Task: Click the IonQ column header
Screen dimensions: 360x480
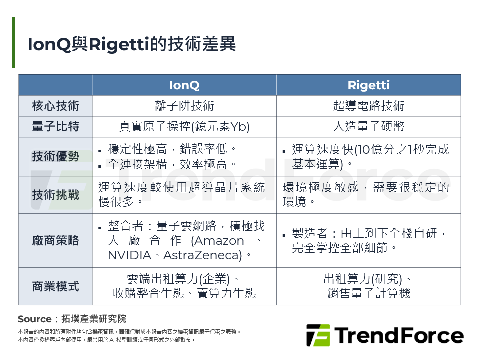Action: click(184, 85)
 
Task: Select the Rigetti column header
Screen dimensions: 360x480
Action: click(368, 85)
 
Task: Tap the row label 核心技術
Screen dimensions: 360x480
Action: click(55, 106)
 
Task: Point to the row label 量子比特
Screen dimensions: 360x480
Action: click(55, 127)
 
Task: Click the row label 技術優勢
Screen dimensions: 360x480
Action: click(55, 156)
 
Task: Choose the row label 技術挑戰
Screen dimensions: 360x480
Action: click(55, 195)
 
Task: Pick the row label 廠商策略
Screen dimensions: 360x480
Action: click(55, 240)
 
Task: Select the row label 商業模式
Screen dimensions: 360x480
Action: click(55, 286)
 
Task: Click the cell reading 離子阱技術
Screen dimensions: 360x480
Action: click(184, 106)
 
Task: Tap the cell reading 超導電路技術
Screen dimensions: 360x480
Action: click(368, 106)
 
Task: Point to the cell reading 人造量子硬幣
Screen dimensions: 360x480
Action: click(368, 127)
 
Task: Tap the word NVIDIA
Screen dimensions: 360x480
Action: click(129, 255)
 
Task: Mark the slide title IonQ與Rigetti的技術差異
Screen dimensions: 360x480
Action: click(132, 44)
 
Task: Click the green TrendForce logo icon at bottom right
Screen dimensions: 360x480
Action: click(318, 335)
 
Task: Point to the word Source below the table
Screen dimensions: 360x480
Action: click(34, 319)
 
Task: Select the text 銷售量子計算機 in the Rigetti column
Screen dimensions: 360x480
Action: click(368, 293)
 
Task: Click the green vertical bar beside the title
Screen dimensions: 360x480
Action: click(14, 42)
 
